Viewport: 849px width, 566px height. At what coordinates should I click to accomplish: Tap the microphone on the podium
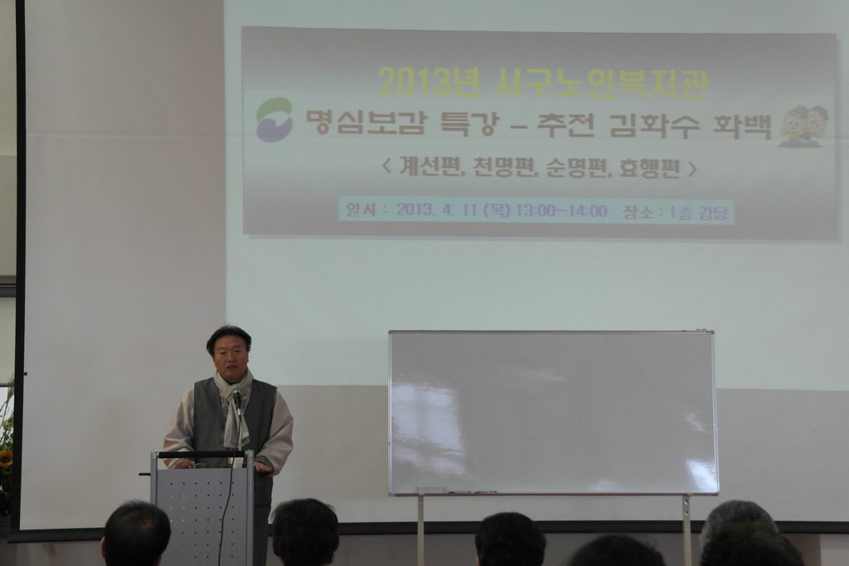tap(237, 401)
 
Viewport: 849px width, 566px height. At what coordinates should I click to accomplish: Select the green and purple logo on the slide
tap(274, 120)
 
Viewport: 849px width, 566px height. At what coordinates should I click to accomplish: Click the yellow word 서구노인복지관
tap(601, 83)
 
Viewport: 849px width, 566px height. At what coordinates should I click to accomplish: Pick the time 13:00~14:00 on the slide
tap(561, 210)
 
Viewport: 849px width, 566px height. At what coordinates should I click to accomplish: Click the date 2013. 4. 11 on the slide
tap(436, 210)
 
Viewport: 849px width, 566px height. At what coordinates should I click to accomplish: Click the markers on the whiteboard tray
tap(472, 492)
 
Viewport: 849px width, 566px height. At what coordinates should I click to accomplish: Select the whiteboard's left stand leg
tap(420, 530)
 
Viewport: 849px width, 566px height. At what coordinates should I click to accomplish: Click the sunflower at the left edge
tap(6, 460)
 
